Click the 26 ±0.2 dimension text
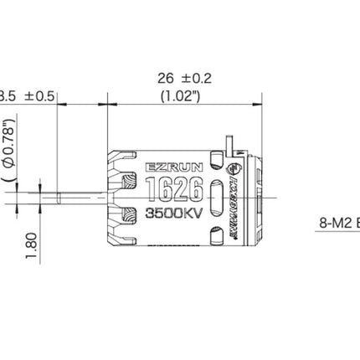click(183, 78)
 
